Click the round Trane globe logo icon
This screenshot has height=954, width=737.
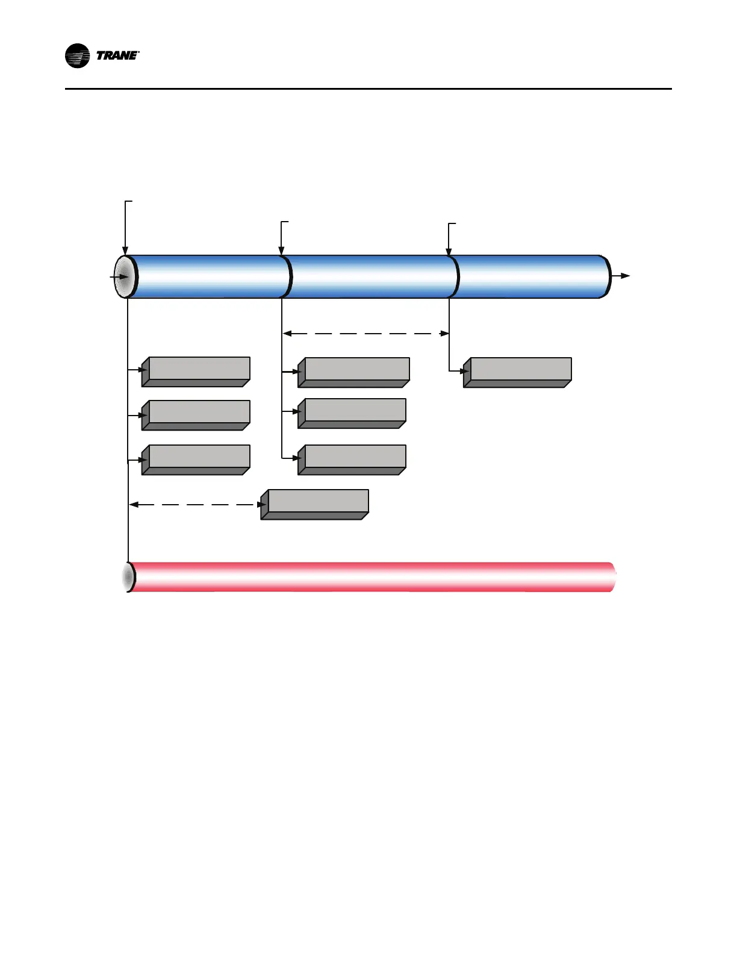pos(77,56)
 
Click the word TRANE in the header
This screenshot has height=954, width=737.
pos(117,56)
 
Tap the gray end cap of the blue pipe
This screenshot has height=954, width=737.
pos(124,276)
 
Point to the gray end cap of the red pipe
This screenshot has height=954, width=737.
pos(128,577)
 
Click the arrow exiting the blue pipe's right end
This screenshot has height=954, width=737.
pos(621,276)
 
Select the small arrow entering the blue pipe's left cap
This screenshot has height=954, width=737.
pos(119,277)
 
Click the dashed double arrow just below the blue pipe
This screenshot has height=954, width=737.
pos(366,333)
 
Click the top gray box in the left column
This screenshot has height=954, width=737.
pos(196,372)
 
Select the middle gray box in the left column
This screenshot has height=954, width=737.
pos(196,415)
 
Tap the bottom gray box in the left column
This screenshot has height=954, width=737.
pos(196,460)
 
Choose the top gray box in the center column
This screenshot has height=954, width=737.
pos(355,372)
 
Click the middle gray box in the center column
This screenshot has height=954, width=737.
pos(353,413)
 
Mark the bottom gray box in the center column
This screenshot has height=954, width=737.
pos(353,460)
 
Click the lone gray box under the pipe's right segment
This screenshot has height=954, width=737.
pos(518,372)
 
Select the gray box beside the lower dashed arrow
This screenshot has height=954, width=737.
pos(315,504)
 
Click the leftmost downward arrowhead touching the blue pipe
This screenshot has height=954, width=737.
pos(125,251)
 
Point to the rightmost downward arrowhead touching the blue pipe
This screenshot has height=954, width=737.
pos(449,252)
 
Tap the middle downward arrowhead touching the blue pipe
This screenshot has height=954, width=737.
pos(281,251)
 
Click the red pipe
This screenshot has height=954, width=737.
pos(373,577)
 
